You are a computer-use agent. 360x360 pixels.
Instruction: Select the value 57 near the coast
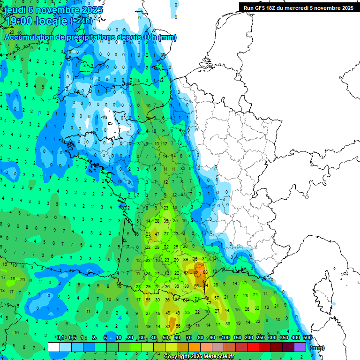tap(217, 298)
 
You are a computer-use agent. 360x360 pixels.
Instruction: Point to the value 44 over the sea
tap(227, 310)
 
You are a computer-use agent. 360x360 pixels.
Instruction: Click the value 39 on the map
tap(186, 259)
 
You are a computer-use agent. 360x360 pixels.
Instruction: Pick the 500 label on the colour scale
tap(307, 337)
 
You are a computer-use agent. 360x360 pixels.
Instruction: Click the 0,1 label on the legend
tap(60, 337)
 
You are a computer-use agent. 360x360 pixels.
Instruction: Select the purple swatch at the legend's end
tap(300, 347)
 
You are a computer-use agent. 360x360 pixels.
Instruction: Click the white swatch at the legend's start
tap(54, 347)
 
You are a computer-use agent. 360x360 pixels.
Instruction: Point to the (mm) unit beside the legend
tap(317, 348)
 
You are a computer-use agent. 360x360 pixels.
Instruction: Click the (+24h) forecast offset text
tap(82, 21)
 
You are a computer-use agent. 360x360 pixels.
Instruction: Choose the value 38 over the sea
tap(228, 323)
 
